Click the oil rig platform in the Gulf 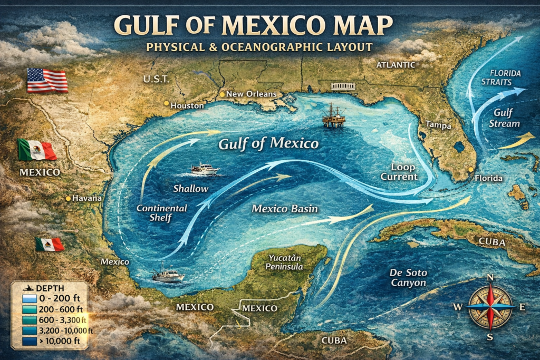(334, 115)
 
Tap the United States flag (47, 81)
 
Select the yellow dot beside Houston (166, 104)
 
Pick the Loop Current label (403, 171)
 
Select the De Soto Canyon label (408, 278)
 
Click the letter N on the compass (489, 278)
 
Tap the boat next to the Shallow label (204, 169)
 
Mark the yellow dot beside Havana (68, 199)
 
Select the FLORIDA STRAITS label (505, 77)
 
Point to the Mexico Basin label (285, 208)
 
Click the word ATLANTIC (396, 65)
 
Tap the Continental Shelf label (161, 212)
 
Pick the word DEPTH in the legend (52, 288)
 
